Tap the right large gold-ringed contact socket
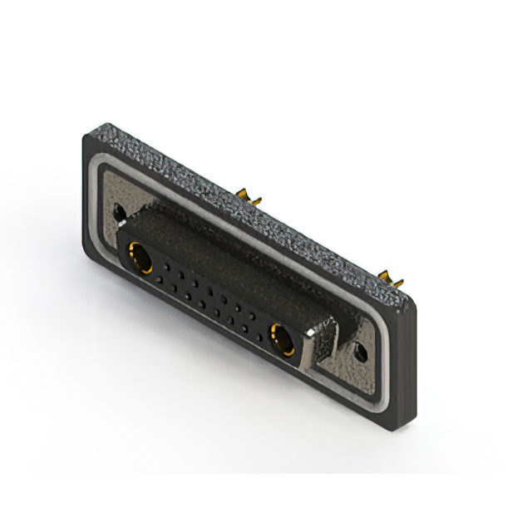click(283, 338)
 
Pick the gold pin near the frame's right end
click(387, 276)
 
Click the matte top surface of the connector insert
click(224, 249)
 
